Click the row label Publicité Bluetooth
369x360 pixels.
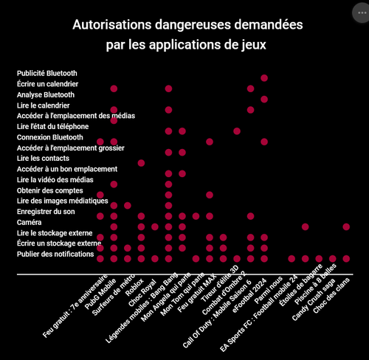coord(47,73)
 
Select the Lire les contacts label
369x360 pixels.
coord(43,159)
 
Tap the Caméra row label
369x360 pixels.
coord(29,222)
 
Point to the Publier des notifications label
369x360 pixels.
coord(55,254)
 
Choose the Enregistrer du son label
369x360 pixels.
coord(46,212)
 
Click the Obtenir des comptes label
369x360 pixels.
coord(50,190)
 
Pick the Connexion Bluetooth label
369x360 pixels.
coord(50,137)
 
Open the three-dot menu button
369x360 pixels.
coord(362,13)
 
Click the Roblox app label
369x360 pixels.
coord(134,287)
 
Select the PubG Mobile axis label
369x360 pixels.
coord(100,294)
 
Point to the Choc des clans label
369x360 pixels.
coord(331,296)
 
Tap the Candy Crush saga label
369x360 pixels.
coord(314,300)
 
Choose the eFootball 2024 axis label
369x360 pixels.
coord(249,296)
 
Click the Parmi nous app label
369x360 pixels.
coord(269,290)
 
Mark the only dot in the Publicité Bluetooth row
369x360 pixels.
coord(264,78)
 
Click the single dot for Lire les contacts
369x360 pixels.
coord(141,163)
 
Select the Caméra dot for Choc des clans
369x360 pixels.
coord(346,226)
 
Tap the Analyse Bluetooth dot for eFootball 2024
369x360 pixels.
coord(264,100)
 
